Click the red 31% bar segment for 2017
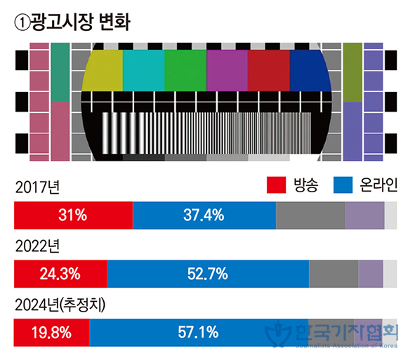73,215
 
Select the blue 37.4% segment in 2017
204,215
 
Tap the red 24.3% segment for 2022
60,274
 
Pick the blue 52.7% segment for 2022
209,274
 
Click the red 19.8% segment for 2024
51,333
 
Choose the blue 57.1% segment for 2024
199,333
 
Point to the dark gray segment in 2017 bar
310,215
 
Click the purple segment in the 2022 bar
371,274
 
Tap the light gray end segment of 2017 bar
390,215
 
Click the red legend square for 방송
276,185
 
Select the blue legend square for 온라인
343,185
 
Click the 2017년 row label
38,187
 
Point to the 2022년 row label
38,246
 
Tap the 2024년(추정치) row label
60,305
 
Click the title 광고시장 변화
81,22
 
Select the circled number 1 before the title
22,22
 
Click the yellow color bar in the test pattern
103,70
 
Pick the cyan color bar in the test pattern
144,70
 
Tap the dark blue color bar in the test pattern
310,70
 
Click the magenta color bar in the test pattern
227,70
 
